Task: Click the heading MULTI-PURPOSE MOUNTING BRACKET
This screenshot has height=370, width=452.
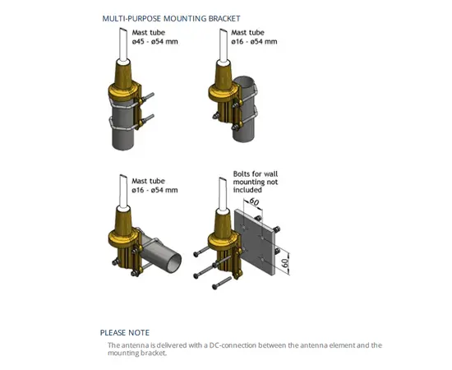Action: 171,19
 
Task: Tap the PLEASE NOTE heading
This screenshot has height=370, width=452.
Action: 125,333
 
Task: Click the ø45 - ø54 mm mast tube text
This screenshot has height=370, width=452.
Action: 155,42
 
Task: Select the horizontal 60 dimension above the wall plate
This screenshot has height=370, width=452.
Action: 254,201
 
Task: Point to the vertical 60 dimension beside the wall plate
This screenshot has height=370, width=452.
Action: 285,263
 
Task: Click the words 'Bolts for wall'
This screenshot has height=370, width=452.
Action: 256,173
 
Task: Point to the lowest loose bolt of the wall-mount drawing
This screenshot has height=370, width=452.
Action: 222,283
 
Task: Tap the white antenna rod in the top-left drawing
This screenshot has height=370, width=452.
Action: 123,44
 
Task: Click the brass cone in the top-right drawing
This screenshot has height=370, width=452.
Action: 224,74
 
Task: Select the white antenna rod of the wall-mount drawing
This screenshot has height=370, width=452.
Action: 223,194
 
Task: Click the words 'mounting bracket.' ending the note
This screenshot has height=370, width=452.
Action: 137,353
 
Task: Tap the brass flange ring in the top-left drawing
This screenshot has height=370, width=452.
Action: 123,90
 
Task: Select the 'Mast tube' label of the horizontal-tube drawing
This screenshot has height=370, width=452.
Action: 148,181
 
